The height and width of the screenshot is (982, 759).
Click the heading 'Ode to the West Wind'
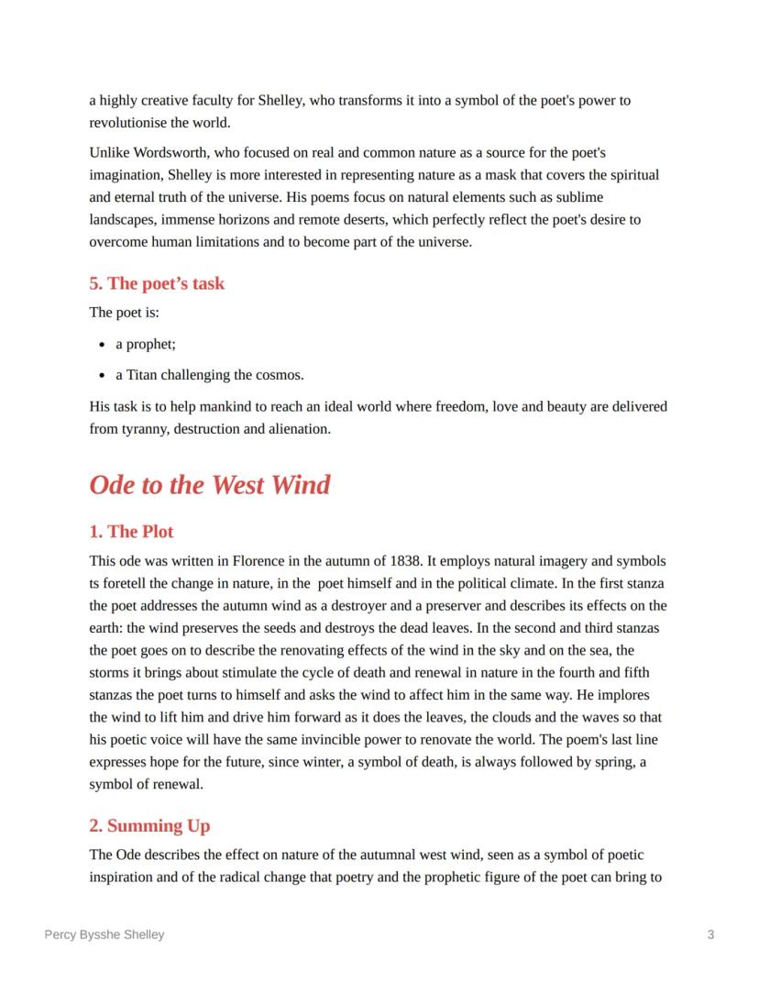(209, 485)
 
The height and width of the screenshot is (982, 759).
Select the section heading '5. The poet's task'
(157, 283)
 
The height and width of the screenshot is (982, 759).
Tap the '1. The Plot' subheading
(131, 532)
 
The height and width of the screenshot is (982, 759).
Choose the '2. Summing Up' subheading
(149, 826)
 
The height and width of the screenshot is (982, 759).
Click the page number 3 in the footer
(710, 934)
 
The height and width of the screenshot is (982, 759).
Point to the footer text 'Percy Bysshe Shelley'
(104, 934)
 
